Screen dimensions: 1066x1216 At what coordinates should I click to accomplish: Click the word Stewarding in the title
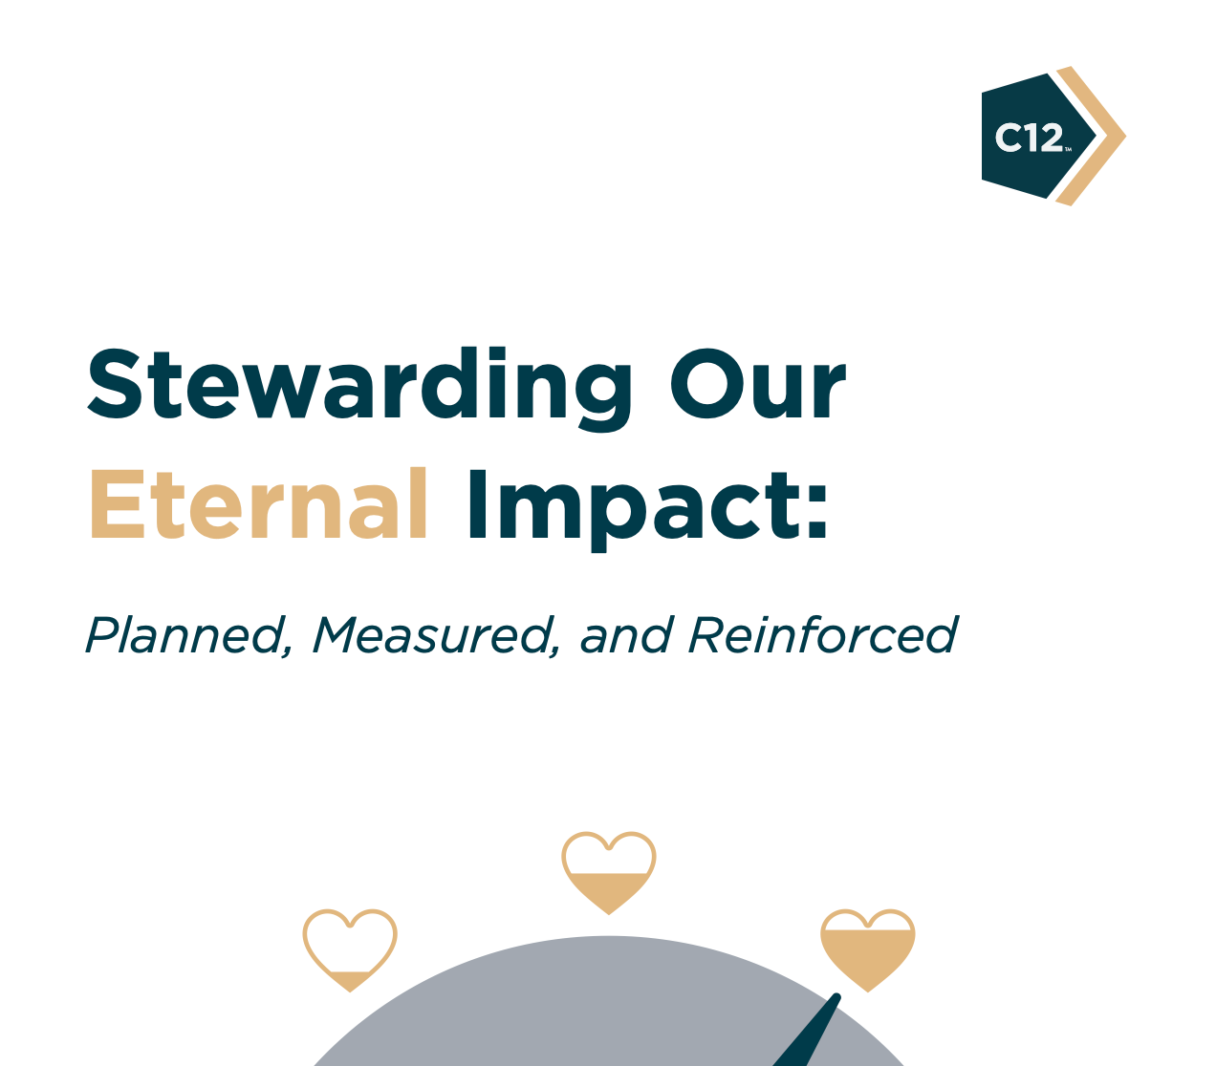click(x=358, y=384)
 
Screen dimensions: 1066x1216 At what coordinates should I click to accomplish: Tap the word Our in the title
click(x=757, y=384)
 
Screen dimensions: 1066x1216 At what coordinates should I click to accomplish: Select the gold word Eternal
click(x=258, y=504)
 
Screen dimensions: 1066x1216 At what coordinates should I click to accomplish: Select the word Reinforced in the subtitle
click(x=822, y=635)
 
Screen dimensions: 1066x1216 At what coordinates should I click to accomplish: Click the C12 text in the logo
click(x=1028, y=139)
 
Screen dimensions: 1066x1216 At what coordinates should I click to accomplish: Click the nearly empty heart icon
click(x=350, y=949)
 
